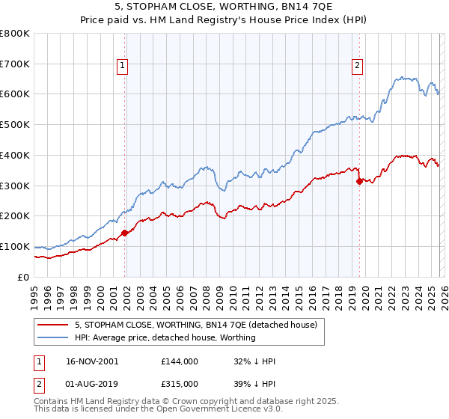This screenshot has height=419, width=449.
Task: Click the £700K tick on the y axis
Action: click(15, 64)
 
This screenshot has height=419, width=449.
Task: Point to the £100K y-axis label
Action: click(15, 246)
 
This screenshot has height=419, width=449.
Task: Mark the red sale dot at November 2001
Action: click(125, 233)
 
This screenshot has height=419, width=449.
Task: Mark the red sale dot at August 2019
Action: click(360, 181)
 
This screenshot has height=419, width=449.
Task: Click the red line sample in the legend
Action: click(53, 325)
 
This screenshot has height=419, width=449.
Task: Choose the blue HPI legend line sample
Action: click(53, 337)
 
